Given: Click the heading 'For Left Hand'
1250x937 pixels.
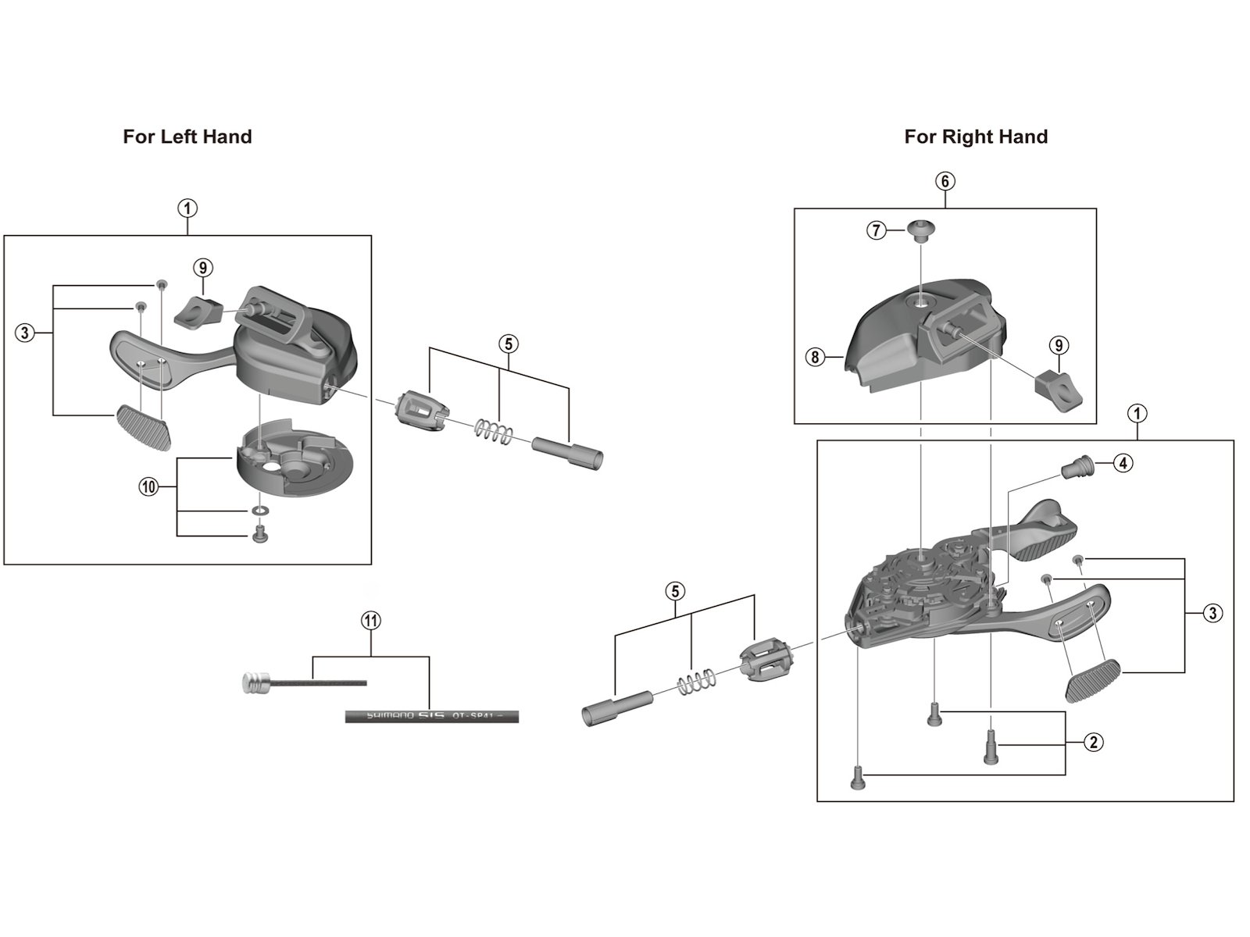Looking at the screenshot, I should [187, 137].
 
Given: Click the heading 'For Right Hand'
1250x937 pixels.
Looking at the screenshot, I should [976, 137].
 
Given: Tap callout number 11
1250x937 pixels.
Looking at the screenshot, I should [370, 622].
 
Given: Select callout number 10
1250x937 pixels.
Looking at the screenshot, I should [148, 487].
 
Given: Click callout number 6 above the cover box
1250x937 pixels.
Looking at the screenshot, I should [945, 181].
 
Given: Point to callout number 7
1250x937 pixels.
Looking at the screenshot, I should [877, 230].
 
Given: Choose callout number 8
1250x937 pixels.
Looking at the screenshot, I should [815, 358].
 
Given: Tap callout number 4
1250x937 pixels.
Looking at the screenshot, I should [1123, 463].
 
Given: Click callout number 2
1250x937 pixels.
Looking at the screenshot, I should [1093, 742].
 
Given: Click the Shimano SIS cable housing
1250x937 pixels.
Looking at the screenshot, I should [431, 714].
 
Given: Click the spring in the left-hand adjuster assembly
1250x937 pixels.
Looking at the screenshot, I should [494, 430].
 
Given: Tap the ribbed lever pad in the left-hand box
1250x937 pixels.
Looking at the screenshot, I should [144, 426].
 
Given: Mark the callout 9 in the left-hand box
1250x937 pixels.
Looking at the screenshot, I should [202, 268].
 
